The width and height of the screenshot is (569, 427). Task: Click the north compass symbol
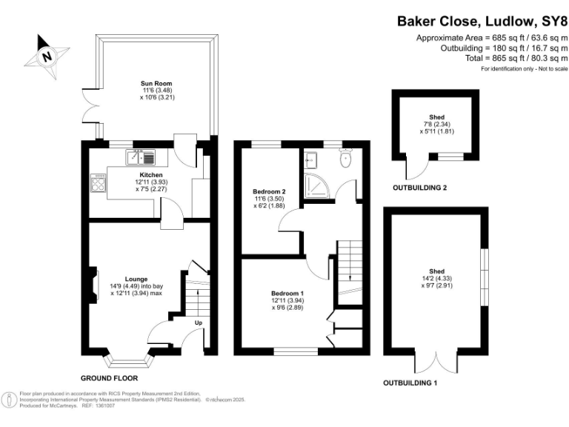coord(46,54)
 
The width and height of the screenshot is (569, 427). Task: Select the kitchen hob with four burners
coord(98,182)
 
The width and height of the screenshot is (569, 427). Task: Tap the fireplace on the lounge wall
coord(93,286)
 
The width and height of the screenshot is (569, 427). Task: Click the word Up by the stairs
coord(198,323)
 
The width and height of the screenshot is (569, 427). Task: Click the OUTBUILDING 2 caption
coord(419,188)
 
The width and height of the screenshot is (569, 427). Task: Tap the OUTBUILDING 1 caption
coord(410,383)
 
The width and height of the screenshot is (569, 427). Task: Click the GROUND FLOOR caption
coord(109,377)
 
